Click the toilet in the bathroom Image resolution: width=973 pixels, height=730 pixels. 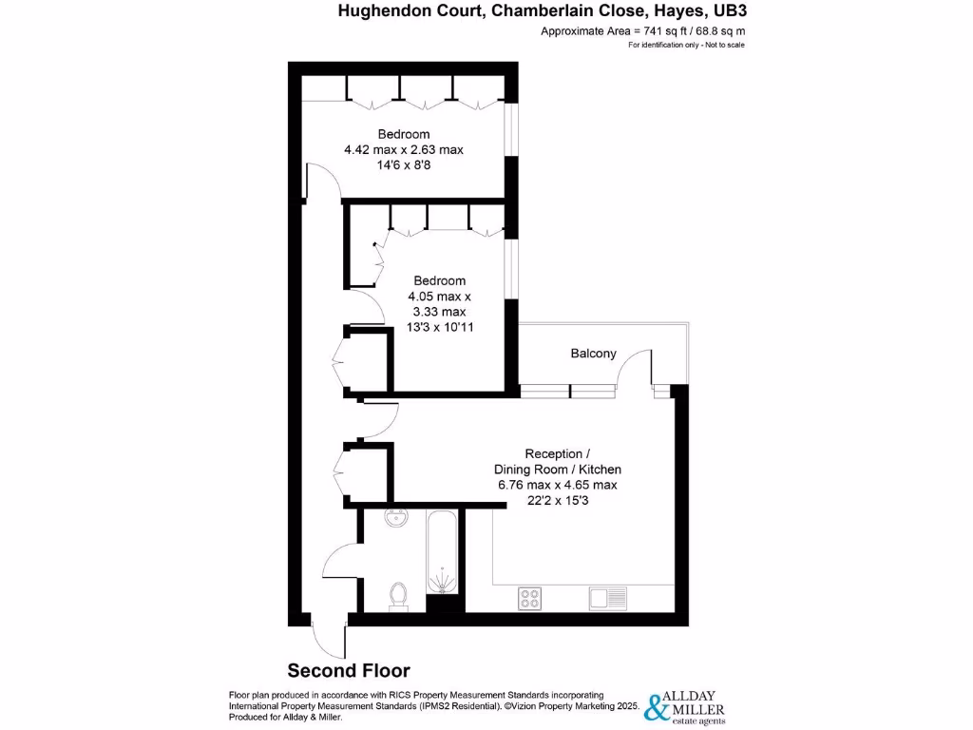pyautogui.click(x=399, y=594)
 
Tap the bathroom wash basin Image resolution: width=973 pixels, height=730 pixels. pyautogui.click(x=395, y=519)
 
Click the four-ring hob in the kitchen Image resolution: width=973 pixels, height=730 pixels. pyautogui.click(x=530, y=598)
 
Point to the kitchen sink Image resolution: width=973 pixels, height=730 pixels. pyautogui.click(x=607, y=598)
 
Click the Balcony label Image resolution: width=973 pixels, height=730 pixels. pyautogui.click(x=593, y=354)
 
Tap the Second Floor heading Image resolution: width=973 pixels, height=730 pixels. pyautogui.click(x=349, y=670)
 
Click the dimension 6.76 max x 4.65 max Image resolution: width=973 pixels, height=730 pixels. pyautogui.click(x=558, y=485)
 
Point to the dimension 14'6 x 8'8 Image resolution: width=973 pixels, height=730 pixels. pyautogui.click(x=403, y=164)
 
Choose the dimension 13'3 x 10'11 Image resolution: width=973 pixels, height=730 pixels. pyautogui.click(x=440, y=326)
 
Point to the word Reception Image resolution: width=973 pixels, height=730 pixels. pyautogui.click(x=555, y=454)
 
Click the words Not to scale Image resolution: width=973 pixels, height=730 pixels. pyautogui.click(x=724, y=46)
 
